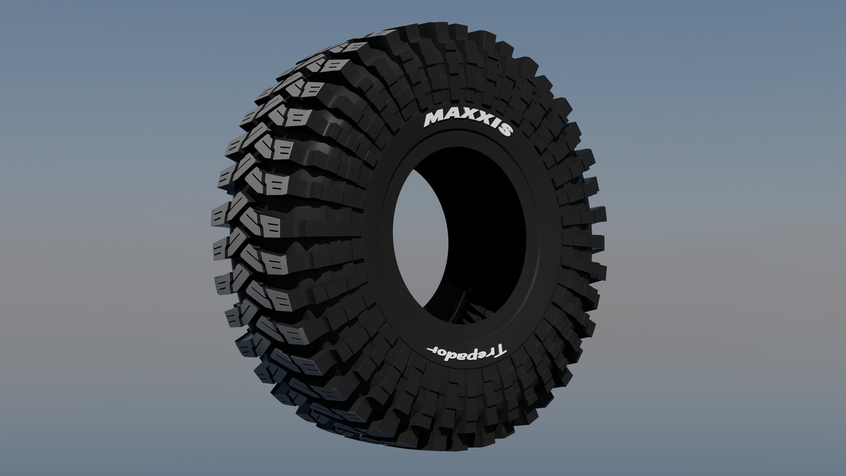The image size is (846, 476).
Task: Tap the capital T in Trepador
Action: (498, 351)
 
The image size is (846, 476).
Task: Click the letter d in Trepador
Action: (448, 353)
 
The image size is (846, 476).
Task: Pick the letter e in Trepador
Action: (478, 353)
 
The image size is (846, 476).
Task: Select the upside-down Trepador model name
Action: (466, 352)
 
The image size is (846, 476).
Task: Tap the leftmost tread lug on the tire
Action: (220, 215)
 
